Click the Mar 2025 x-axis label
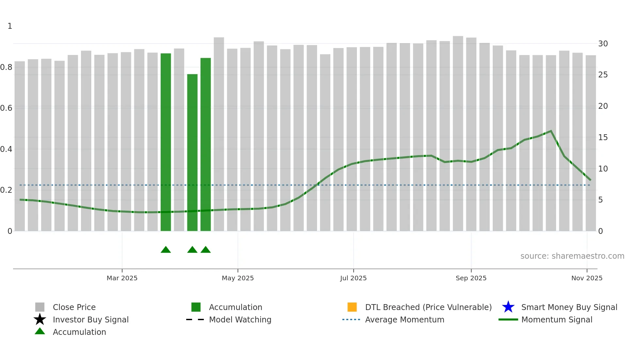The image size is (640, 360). [122, 278]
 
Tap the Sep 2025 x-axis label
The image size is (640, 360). [471, 278]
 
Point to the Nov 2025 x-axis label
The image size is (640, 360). [586, 278]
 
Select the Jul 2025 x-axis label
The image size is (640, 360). [353, 278]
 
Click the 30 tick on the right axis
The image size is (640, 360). [603, 44]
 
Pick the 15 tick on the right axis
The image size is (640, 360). [603, 138]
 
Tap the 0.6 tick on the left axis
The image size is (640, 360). [6, 108]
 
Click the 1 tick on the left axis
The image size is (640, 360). [10, 26]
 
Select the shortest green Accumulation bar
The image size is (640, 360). [192, 152]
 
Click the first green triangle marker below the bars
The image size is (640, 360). [166, 250]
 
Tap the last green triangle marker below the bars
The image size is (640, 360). [206, 250]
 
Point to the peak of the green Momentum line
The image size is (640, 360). [551, 131]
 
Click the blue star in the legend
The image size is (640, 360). [508, 307]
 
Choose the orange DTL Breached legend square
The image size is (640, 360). [352, 307]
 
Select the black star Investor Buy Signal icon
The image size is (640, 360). [40, 319]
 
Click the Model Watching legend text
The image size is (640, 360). [240, 319]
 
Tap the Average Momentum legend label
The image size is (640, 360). [405, 319]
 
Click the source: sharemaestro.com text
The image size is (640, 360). [572, 256]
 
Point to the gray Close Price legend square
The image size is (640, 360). [40, 307]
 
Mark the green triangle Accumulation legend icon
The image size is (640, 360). [40, 331]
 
